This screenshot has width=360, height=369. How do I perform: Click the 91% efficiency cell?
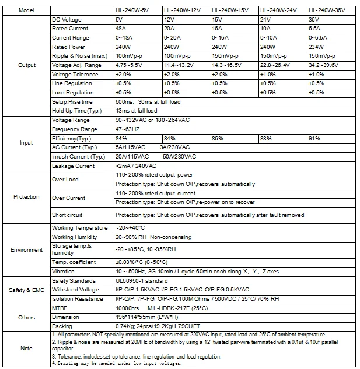pos(313,138)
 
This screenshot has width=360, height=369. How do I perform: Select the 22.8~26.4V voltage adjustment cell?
pos(275,65)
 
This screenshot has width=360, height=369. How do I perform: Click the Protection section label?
pos(26,197)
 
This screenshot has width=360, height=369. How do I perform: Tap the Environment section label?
pos(26,249)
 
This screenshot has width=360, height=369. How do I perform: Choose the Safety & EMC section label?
pos(26,290)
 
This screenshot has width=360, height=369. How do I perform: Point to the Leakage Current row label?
pos(73,166)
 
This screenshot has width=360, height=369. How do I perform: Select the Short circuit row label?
pos(67,215)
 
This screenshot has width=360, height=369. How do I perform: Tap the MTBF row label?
pos(60,307)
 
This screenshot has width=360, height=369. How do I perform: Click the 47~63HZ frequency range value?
pos(128,129)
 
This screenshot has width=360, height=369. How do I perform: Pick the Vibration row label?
pos(63,272)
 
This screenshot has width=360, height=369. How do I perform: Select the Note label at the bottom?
pos(26,348)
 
